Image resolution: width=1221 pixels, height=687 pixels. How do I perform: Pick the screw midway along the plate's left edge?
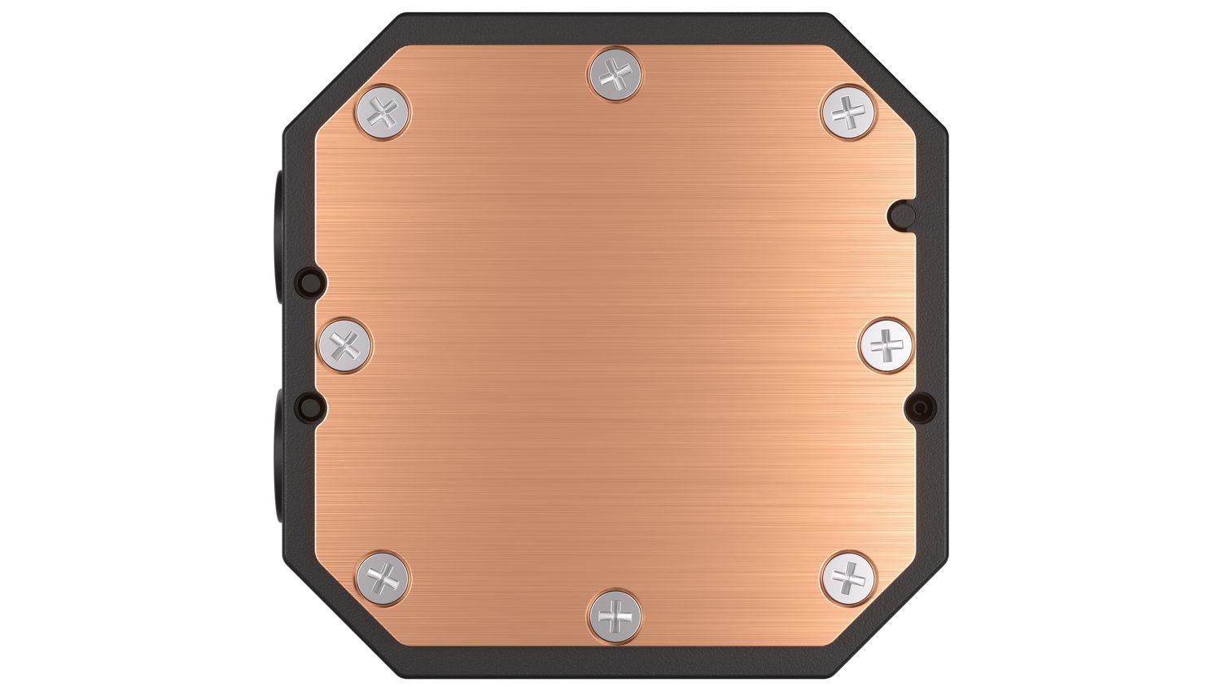tap(346, 345)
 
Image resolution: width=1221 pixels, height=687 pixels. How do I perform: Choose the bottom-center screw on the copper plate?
tap(616, 615)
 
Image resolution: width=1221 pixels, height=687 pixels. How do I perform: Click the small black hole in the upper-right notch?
tap(901, 213)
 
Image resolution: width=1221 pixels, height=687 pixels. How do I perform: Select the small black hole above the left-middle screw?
tap(310, 281)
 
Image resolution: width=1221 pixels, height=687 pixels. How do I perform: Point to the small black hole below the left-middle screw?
tap(310, 405)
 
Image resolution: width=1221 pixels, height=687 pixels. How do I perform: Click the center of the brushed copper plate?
tap(616, 345)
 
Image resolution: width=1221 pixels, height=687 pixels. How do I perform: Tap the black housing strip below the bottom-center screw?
tap(616, 661)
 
